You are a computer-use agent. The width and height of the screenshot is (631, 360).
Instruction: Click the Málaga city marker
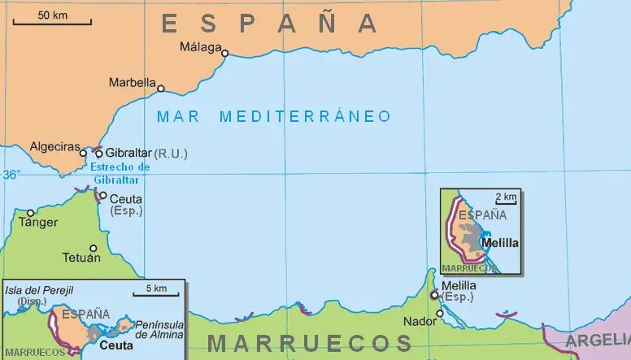pyautogui.click(x=225, y=54)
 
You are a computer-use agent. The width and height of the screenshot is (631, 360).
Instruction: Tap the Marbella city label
pyautogui.click(x=132, y=82)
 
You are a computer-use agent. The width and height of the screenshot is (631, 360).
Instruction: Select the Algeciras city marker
pyautogui.click(x=83, y=152)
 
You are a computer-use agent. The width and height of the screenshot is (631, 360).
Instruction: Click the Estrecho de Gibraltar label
pyautogui.click(x=121, y=173)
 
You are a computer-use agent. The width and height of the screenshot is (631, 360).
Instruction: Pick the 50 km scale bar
pyautogui.click(x=52, y=22)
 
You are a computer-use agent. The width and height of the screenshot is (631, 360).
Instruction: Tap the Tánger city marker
pyautogui.click(x=31, y=213)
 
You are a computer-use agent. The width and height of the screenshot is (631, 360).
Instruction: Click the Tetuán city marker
pyautogui.click(x=93, y=249)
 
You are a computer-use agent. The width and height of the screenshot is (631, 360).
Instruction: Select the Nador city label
pyautogui.click(x=420, y=321)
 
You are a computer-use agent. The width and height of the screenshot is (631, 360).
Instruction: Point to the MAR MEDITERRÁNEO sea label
pyautogui.click(x=274, y=116)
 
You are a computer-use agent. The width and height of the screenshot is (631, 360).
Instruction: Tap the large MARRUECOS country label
pyautogui.click(x=310, y=343)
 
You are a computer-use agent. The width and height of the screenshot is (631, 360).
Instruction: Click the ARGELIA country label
pyautogui.click(x=598, y=340)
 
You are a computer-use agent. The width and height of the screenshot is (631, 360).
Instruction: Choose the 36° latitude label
pyautogui.click(x=11, y=174)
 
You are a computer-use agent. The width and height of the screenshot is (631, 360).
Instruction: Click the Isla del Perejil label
pyautogui.click(x=39, y=290)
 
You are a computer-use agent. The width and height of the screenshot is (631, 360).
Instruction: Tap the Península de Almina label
pyautogui.click(x=159, y=329)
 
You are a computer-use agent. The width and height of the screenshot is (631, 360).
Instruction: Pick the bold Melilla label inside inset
pyautogui.click(x=499, y=242)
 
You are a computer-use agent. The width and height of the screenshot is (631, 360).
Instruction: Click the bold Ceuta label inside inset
pyautogui.click(x=116, y=345)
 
